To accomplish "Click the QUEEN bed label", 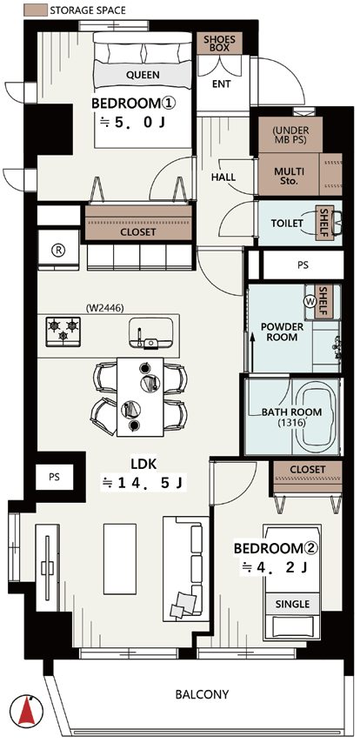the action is [x=143, y=75].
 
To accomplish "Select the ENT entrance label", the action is [x=221, y=84].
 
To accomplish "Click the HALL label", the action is [x=223, y=177].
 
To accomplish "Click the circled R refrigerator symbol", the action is [x=57, y=251].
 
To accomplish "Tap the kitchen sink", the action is [x=150, y=332].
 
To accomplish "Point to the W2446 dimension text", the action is [x=104, y=308].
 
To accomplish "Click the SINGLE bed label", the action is [x=292, y=604].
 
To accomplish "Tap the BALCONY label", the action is [x=202, y=694].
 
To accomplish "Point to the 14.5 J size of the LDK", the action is [x=145, y=483].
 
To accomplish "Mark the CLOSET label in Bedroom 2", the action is [x=308, y=470].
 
